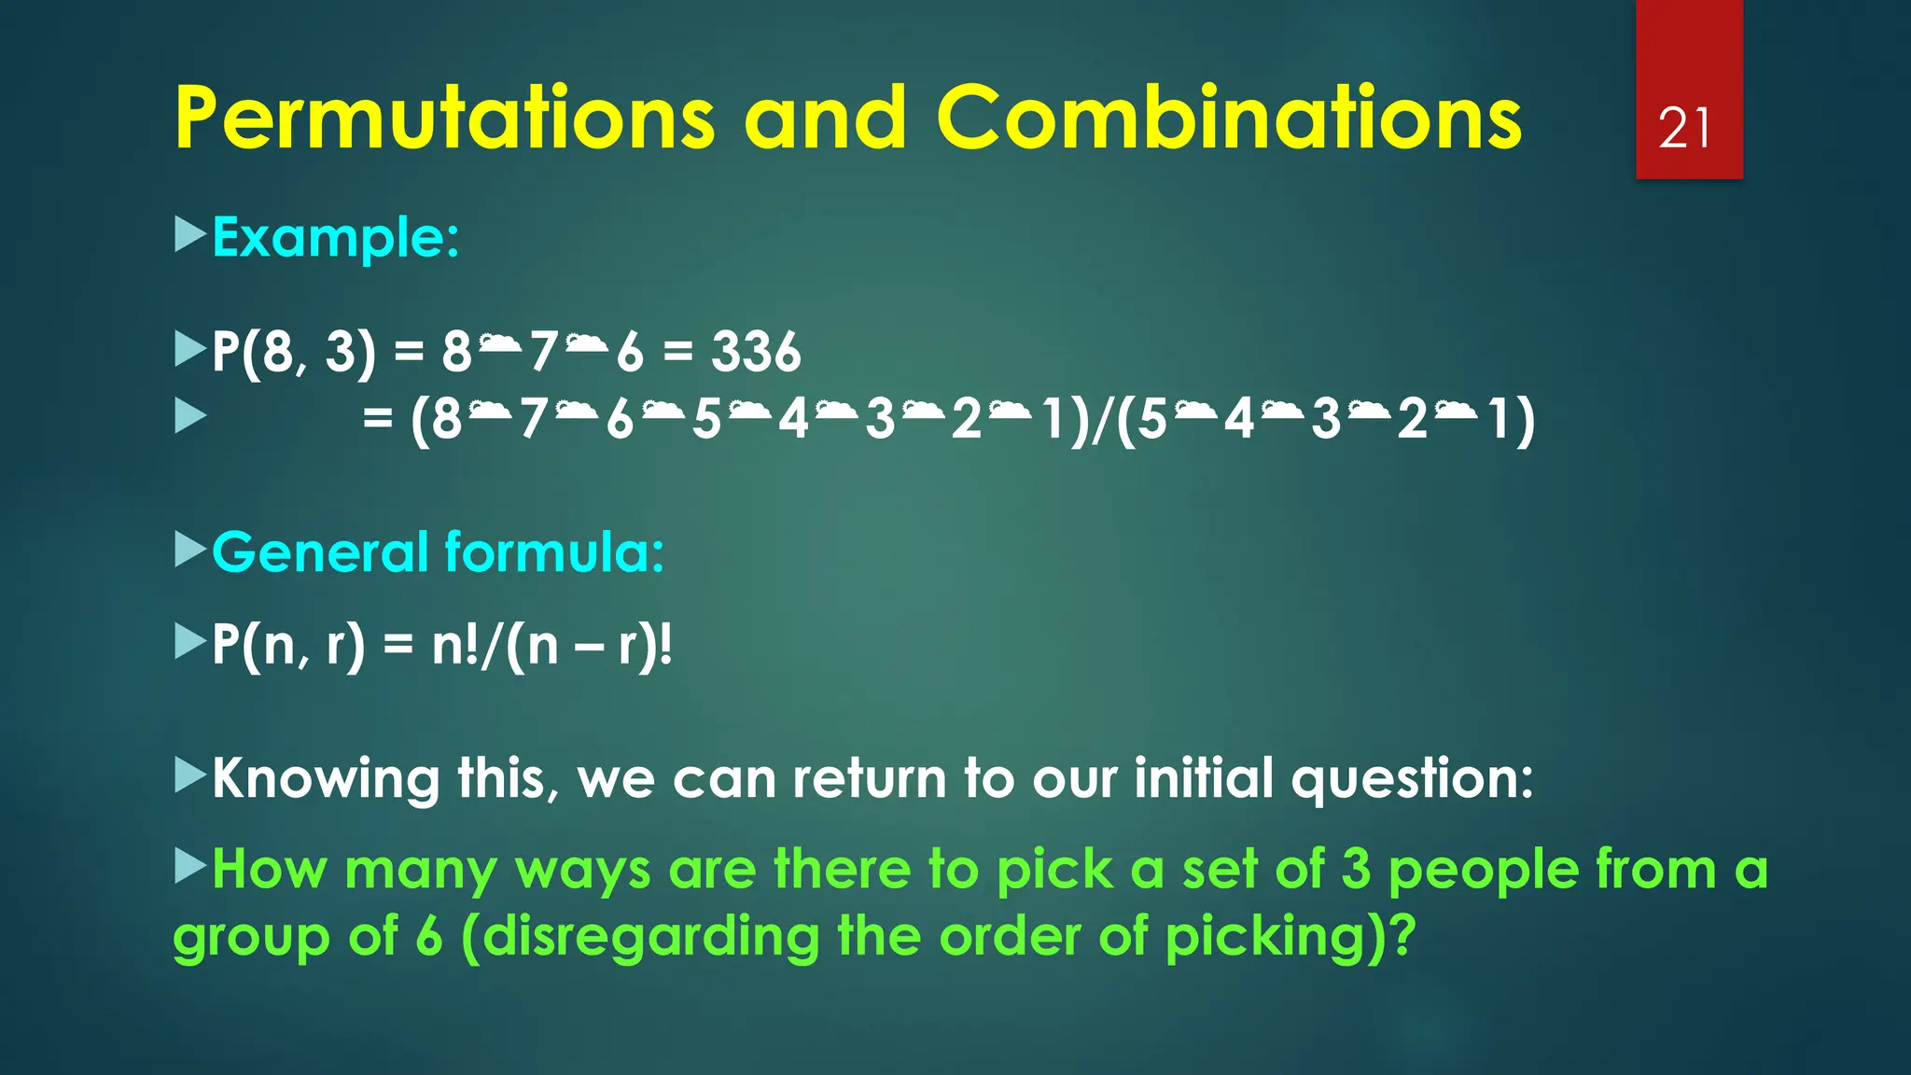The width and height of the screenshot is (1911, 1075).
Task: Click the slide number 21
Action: (1685, 129)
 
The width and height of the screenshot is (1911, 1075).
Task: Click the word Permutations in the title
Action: (444, 119)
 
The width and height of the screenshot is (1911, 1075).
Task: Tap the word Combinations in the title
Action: (1228, 119)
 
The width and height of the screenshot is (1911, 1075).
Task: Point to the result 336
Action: (756, 353)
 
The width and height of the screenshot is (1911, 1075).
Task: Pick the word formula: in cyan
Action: (554, 552)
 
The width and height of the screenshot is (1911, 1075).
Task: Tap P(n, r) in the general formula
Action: (288, 646)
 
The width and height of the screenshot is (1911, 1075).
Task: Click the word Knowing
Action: (326, 779)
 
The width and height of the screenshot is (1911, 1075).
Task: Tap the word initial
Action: (1204, 777)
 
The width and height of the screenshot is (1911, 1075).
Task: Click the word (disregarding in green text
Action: (640, 937)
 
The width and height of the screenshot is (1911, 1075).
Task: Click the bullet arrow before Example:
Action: (189, 235)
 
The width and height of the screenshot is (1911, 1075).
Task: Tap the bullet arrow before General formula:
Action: (189, 550)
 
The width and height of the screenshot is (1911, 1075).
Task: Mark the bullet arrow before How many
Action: (189, 867)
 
